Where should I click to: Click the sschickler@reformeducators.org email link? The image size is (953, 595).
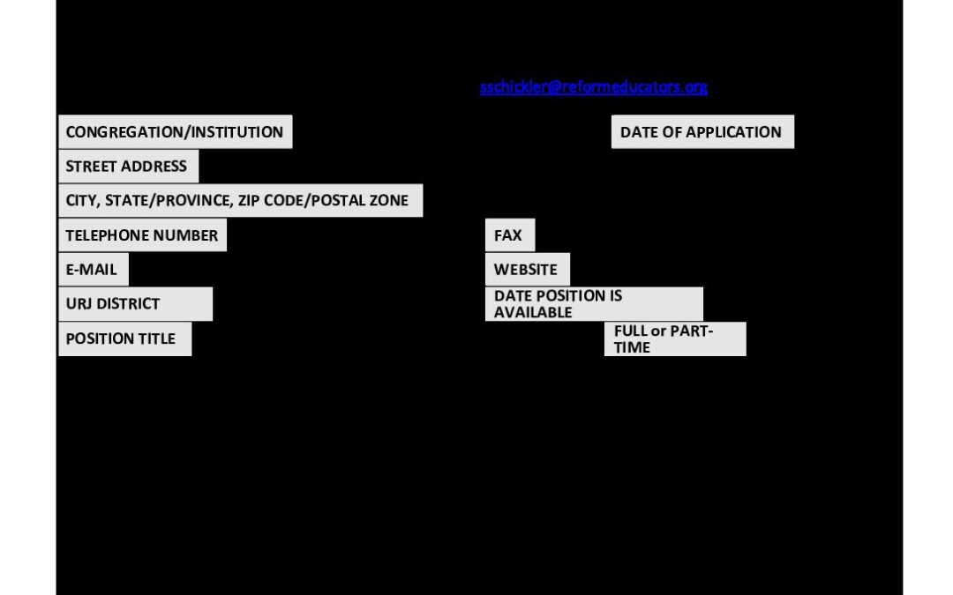coord(594,86)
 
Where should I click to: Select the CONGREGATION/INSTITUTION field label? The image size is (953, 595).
coord(175,131)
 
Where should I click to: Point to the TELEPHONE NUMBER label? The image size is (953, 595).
coord(141,235)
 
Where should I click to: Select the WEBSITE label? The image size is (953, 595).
coord(526,269)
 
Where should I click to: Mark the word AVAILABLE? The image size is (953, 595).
coord(533,312)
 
